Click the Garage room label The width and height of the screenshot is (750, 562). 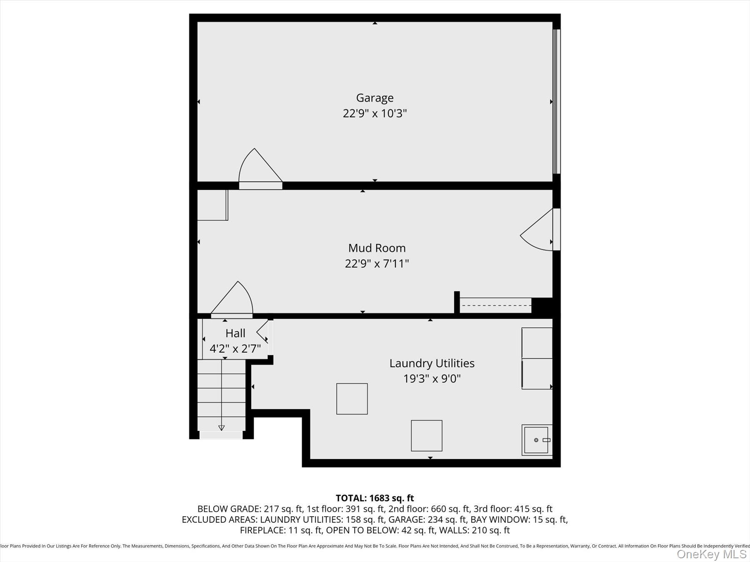click(375, 98)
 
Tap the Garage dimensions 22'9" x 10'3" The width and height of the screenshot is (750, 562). click(375, 113)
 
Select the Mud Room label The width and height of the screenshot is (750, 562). click(377, 248)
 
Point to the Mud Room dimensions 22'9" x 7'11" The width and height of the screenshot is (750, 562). click(377, 264)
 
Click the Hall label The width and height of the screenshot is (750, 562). click(235, 333)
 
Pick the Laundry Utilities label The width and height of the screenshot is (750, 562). click(432, 363)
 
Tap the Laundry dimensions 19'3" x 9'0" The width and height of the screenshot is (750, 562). click(432, 379)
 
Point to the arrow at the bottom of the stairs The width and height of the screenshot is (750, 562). click(221, 428)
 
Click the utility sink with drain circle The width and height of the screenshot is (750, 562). click(537, 440)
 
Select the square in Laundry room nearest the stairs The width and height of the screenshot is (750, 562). click(352, 399)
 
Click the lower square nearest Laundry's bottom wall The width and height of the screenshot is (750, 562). click(426, 435)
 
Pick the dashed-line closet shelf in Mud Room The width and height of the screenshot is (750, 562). click(495, 305)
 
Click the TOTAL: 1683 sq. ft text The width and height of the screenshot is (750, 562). click(375, 498)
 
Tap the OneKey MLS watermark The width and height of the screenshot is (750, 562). click(712, 554)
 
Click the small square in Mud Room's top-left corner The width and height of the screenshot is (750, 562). click(212, 205)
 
